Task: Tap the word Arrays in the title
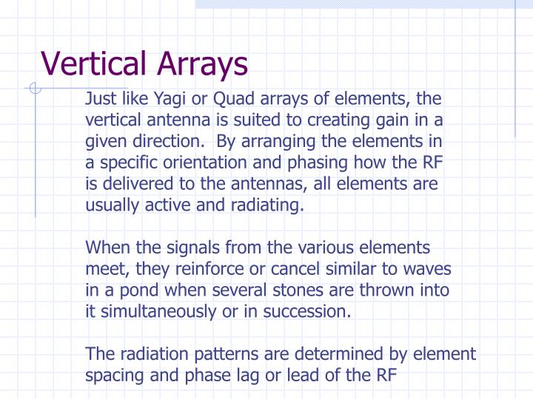point(202,65)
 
